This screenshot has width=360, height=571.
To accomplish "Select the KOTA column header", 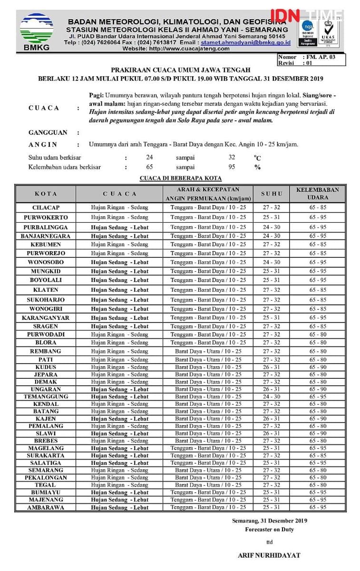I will click(x=46, y=194).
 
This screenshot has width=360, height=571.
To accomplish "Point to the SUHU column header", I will click(x=272, y=194).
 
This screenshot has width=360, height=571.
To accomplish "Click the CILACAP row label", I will click(x=46, y=208).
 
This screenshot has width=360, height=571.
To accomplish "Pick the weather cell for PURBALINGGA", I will click(x=120, y=227).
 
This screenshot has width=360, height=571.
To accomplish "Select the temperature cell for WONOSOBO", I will click(x=272, y=262).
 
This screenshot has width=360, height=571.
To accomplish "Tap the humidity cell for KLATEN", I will click(x=318, y=290).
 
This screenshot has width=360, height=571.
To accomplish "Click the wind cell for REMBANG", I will click(x=208, y=351).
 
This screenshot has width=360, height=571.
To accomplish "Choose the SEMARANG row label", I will click(x=46, y=470).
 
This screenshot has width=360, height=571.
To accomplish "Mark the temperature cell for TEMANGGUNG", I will click(x=272, y=396).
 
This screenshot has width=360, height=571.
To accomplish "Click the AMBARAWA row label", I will click(x=46, y=507).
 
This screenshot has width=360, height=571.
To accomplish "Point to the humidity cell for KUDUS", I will click(x=318, y=367).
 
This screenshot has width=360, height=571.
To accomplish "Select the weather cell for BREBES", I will click(x=120, y=441).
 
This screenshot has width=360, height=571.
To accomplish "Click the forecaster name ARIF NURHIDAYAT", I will click(x=269, y=555).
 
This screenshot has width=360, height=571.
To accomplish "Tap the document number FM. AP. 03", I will click(x=321, y=57).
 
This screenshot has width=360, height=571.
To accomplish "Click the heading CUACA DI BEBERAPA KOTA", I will click(x=181, y=178).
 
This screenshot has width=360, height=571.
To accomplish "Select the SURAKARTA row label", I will click(x=46, y=455).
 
